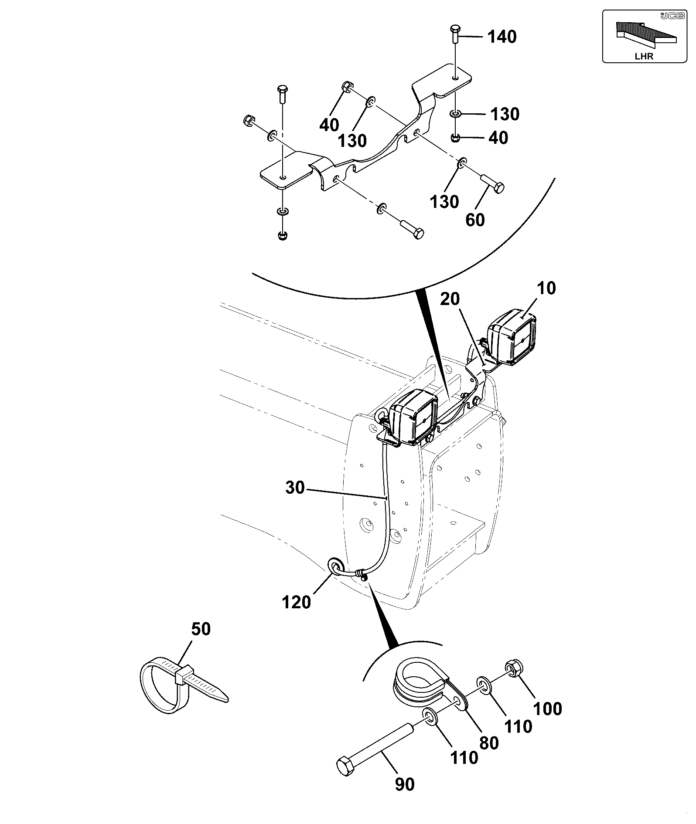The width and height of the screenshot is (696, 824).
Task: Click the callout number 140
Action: pos(502,37)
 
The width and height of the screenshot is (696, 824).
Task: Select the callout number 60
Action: pos(475,220)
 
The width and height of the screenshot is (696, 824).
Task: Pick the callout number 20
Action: pos(450,299)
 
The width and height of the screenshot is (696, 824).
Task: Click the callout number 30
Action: pos(295,488)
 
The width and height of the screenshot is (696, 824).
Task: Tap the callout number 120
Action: pos(297,603)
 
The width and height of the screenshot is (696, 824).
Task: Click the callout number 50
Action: pos(201,629)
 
